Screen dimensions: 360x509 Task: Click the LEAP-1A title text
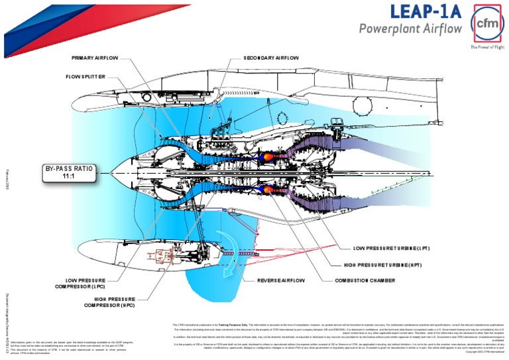(x=424, y=12)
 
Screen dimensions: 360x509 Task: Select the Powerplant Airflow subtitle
(x=410, y=29)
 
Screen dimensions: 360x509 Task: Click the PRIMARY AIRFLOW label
(x=95, y=58)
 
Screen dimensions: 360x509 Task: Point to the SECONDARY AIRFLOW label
(x=271, y=58)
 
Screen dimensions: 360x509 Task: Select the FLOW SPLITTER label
(x=85, y=77)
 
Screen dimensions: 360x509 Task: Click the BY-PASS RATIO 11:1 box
(x=68, y=173)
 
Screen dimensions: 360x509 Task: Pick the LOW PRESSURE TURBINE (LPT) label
(x=392, y=248)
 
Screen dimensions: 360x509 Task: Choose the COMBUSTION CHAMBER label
(x=365, y=280)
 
